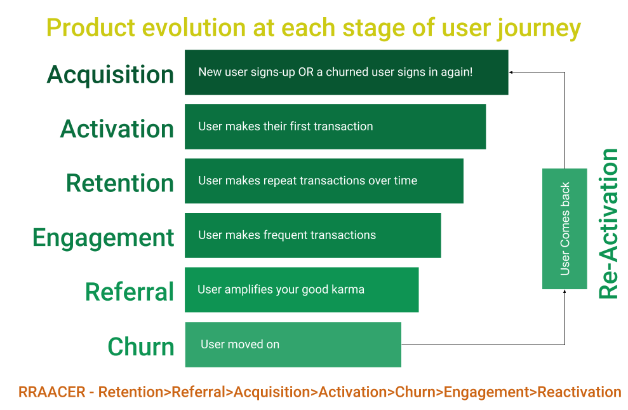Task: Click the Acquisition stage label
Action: (110, 74)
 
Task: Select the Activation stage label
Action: (117, 129)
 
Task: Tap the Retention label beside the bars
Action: (120, 183)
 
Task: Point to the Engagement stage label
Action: (104, 238)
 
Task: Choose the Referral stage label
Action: (130, 292)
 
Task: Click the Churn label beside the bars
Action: (141, 347)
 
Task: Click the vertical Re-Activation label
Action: (608, 224)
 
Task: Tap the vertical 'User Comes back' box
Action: (565, 229)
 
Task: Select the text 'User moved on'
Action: (240, 345)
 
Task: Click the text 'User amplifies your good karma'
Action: (281, 290)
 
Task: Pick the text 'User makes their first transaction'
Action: (285, 126)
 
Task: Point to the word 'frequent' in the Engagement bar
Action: (285, 235)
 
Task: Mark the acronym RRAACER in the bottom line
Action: (51, 392)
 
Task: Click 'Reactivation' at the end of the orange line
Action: (579, 392)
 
